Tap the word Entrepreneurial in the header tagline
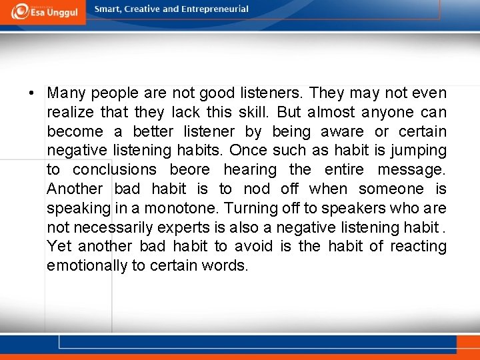[215, 9]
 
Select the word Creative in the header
[140, 9]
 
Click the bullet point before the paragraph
[32, 93]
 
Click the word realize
[69, 113]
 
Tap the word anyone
[388, 113]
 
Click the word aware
[342, 132]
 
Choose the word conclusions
[115, 170]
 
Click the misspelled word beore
[189, 170]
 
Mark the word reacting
[418, 247]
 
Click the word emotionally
[87, 266]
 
